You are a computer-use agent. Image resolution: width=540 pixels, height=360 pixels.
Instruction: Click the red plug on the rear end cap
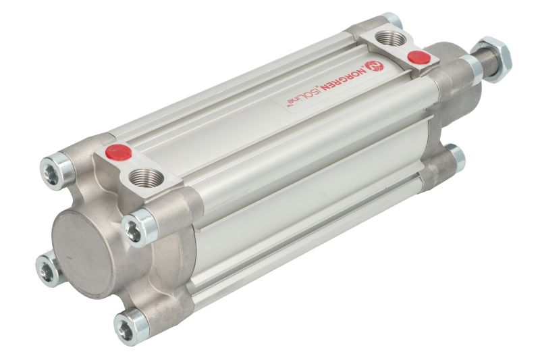tap(119, 152)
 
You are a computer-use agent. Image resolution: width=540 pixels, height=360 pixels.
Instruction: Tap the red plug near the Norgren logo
tap(418, 57)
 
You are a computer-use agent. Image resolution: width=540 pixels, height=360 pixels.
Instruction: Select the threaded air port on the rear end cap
tap(146, 178)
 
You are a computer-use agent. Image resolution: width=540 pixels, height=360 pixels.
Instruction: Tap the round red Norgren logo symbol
tap(375, 66)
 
